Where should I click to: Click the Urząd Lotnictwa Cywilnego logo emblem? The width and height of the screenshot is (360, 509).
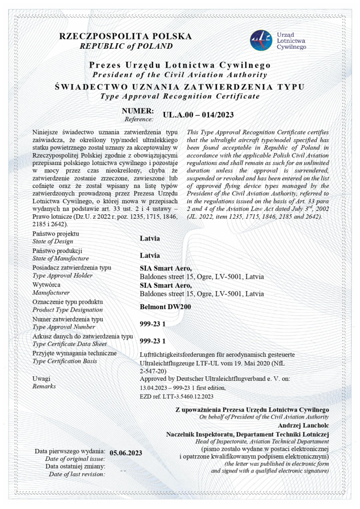261,40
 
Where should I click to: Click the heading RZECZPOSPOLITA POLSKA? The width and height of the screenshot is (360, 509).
125,36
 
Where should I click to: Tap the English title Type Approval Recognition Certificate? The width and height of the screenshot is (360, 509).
180,96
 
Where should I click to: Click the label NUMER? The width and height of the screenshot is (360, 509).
138,111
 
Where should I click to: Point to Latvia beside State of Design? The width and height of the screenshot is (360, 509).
150,238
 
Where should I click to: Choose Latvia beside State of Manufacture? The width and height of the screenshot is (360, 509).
150,255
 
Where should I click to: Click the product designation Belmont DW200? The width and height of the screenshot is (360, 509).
165,307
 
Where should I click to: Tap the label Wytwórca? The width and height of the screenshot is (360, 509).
47,285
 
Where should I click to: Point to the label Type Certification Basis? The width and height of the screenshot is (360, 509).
64,361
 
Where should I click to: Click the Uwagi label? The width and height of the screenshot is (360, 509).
42,378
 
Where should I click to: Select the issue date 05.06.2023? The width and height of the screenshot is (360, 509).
126,452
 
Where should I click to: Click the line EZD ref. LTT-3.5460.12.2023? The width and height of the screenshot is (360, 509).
177,396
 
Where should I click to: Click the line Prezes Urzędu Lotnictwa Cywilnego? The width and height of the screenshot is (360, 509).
180,66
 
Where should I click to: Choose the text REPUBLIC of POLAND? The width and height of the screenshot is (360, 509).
126,46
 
